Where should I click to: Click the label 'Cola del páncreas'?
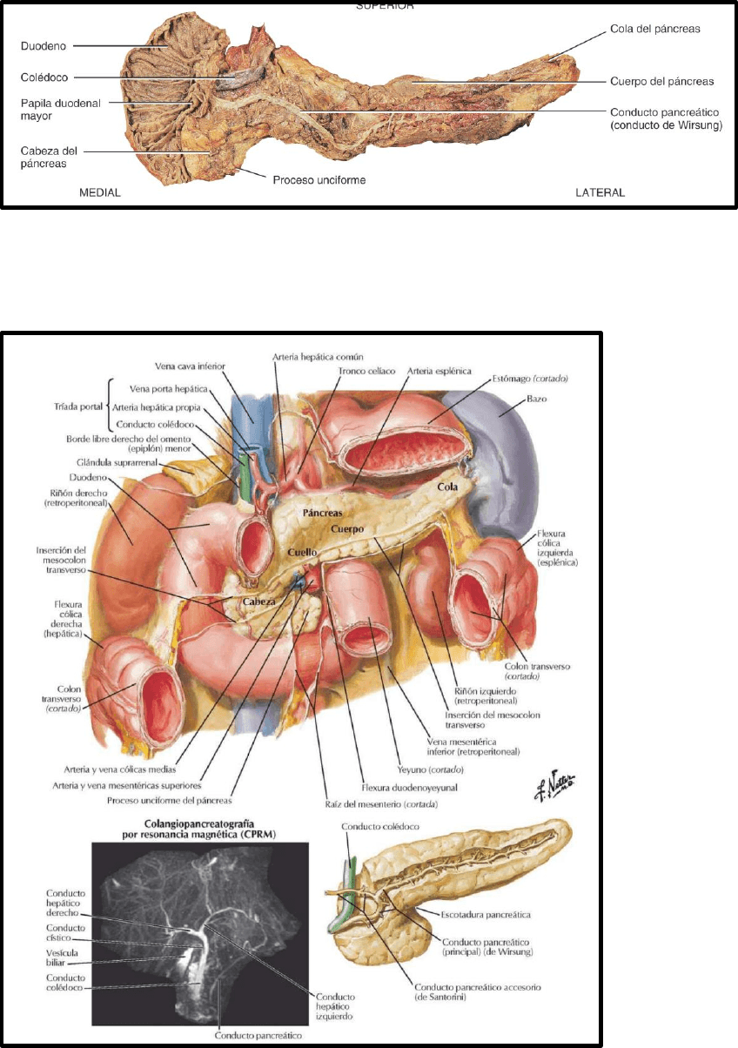pyautogui.click(x=651, y=29)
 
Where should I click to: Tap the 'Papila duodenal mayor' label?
pyautogui.click(x=61, y=109)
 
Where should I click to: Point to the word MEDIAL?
pyautogui.click(x=100, y=191)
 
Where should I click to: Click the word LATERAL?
pyautogui.click(x=600, y=191)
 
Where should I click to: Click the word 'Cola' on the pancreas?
pyautogui.click(x=448, y=487)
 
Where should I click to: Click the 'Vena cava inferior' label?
pyautogui.click(x=191, y=367)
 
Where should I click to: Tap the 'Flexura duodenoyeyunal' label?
pyautogui.click(x=398, y=787)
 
